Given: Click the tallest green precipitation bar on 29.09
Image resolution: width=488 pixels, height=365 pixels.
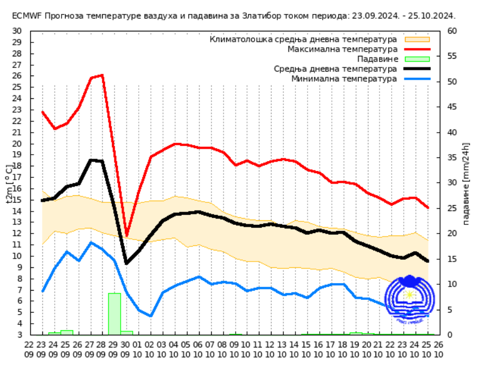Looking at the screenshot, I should tap(114, 314).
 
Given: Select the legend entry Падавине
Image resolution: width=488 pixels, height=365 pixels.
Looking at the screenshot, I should tap(377, 59).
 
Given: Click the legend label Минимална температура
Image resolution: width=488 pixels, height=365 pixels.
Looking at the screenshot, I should tap(344, 78).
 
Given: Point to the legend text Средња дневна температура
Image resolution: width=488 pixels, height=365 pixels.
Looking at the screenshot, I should tap(335, 69).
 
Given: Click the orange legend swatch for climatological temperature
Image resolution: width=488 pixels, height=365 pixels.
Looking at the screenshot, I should tap(417, 39).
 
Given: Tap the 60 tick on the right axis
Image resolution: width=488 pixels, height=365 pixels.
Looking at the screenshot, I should tap(452, 31).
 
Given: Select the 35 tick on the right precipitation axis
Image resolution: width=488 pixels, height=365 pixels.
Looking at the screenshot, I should tap(452, 158).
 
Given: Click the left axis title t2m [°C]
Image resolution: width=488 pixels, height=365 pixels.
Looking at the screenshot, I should tap(9, 183).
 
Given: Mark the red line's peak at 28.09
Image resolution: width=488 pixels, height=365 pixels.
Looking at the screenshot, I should tap(103, 75).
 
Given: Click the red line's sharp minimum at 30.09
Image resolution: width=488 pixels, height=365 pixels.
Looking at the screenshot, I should tap(126, 235).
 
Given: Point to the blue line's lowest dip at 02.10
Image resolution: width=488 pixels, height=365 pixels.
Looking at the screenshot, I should tap(151, 316).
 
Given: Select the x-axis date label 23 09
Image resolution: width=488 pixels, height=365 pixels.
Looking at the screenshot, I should tap(42, 349).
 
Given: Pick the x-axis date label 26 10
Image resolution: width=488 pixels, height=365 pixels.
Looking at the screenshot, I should tap(439, 349).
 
